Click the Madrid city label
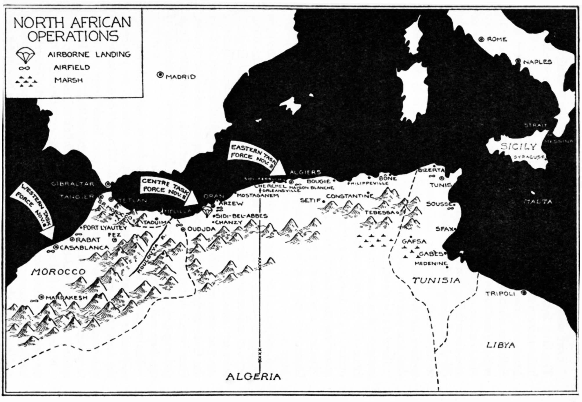[180, 77]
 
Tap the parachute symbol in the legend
[26, 55]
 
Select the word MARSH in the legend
[68, 80]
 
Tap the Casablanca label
[84, 248]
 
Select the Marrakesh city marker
[41, 297]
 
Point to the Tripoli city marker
[523, 293]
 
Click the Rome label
[497, 39]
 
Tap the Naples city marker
[518, 61]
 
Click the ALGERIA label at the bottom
[253, 376]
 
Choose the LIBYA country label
[500, 345]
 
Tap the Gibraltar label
[73, 184]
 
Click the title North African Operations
[73, 29]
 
